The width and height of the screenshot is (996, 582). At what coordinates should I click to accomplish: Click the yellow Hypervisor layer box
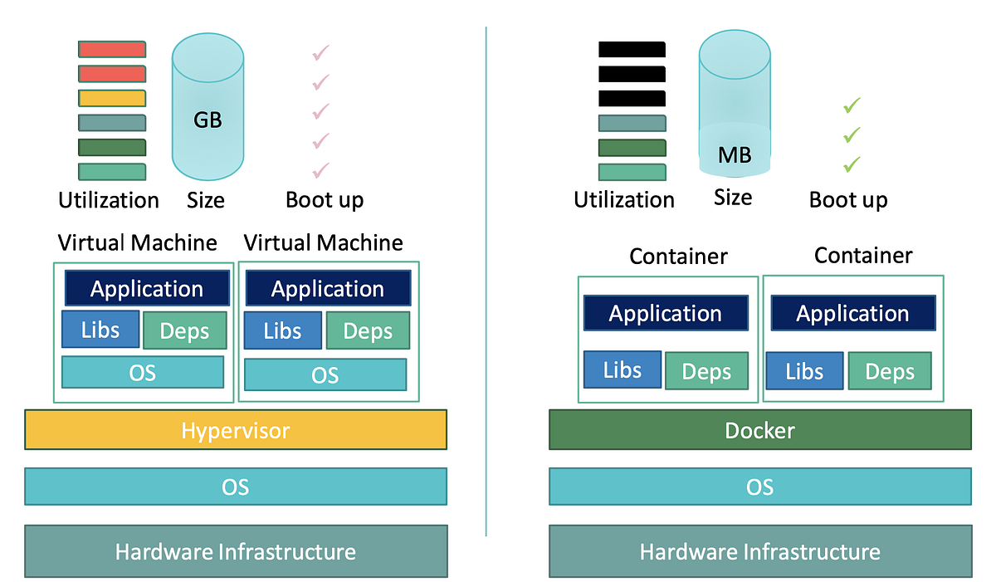coord(236,430)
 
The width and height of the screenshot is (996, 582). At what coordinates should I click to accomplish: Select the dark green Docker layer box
coord(759,430)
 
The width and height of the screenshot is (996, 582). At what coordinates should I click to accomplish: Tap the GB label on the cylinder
coord(207,120)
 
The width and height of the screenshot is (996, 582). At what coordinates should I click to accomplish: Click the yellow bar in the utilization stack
coord(112,98)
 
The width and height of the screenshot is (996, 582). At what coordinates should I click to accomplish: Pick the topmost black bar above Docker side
coord(632,49)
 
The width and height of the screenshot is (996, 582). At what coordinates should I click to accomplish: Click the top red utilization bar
coord(112,49)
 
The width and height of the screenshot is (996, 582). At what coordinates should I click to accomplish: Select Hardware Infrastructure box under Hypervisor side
coord(236,550)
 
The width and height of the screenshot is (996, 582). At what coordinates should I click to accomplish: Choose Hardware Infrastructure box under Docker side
coord(759,550)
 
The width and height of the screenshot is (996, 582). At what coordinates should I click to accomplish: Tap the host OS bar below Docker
coord(759,487)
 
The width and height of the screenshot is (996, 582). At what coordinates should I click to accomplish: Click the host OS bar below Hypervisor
coord(236,487)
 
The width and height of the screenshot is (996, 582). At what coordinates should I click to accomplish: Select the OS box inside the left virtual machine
coord(143,372)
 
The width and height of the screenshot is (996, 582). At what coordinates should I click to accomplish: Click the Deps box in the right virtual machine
coord(367,330)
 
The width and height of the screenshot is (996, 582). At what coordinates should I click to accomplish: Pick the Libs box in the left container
coord(622,369)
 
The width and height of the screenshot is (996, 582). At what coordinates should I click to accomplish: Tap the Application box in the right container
coord(853,313)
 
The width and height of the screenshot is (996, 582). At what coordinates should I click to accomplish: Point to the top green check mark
coord(852,105)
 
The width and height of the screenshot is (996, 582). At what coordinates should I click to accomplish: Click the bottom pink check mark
coord(320,170)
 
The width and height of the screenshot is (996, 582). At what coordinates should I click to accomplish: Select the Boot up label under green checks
coord(848,200)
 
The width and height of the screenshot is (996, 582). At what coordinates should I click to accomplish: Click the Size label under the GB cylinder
coord(205,200)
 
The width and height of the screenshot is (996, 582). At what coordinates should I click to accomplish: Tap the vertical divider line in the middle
coord(486,282)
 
